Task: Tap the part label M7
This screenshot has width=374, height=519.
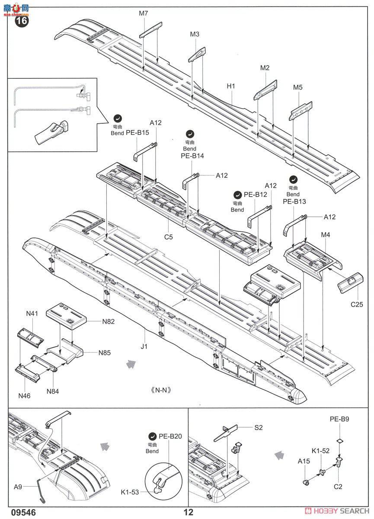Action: pyautogui.click(x=144, y=13)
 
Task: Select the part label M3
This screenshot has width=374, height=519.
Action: pyautogui.click(x=195, y=34)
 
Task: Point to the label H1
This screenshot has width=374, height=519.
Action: pyautogui.click(x=231, y=86)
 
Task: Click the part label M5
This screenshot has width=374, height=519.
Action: pyautogui.click(x=298, y=87)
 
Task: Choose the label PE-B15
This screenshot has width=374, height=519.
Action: pyautogui.click(x=137, y=133)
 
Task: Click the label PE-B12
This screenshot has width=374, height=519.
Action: pyautogui.click(x=256, y=195)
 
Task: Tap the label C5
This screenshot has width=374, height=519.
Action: pyautogui.click(x=169, y=237)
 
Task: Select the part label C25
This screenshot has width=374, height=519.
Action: pyautogui.click(x=357, y=304)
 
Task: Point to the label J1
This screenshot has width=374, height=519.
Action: pyautogui.click(x=144, y=346)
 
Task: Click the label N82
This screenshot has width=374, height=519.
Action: pyautogui.click(x=109, y=321)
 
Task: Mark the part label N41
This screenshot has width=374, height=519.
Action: pyautogui.click(x=32, y=313)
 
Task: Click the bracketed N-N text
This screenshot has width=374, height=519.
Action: pyautogui.click(x=162, y=389)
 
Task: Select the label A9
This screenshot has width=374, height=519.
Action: pyautogui.click(x=18, y=487)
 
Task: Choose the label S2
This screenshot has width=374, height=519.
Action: pyautogui.click(x=259, y=428)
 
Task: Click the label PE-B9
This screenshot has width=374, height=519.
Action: pyautogui.click(x=340, y=419)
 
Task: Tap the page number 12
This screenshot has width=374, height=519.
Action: pyautogui.click(x=188, y=513)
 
